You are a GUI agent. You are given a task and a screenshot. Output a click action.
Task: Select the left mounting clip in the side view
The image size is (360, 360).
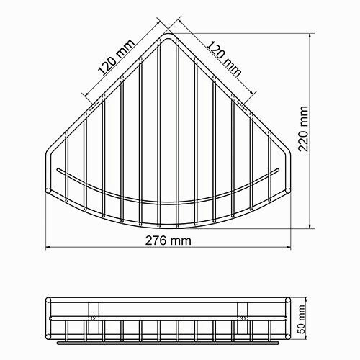[94, 314]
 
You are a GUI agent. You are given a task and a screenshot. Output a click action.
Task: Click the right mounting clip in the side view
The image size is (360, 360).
[243, 314]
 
